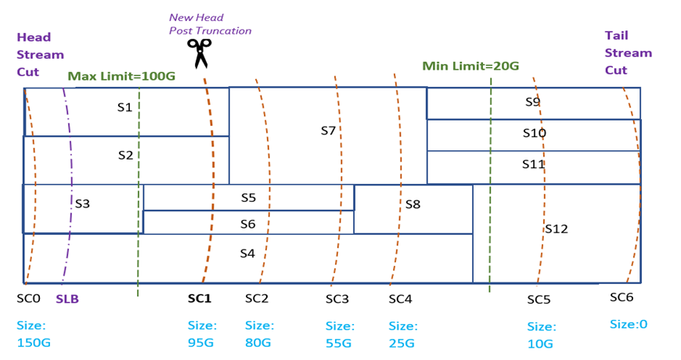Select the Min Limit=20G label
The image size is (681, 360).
[x=470, y=67]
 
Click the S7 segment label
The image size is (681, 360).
[x=328, y=131]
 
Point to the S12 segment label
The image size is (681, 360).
[x=556, y=229]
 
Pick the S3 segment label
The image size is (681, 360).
[x=82, y=203]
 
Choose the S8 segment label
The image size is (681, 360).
[x=413, y=204]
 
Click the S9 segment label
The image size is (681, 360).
[x=532, y=102]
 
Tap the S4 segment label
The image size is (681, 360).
[x=247, y=253]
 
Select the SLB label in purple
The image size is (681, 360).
[x=67, y=299]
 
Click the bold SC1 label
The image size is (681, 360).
[x=200, y=298]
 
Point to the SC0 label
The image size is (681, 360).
[x=28, y=298]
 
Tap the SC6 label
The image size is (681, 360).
[x=622, y=297]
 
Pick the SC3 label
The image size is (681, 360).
[x=337, y=299]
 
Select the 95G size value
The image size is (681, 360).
[x=200, y=343]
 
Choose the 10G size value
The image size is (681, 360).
[x=540, y=344]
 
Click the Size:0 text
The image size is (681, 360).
[x=629, y=324]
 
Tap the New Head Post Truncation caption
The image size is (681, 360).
[x=210, y=23]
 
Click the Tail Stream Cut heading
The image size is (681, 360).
[x=628, y=52]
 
